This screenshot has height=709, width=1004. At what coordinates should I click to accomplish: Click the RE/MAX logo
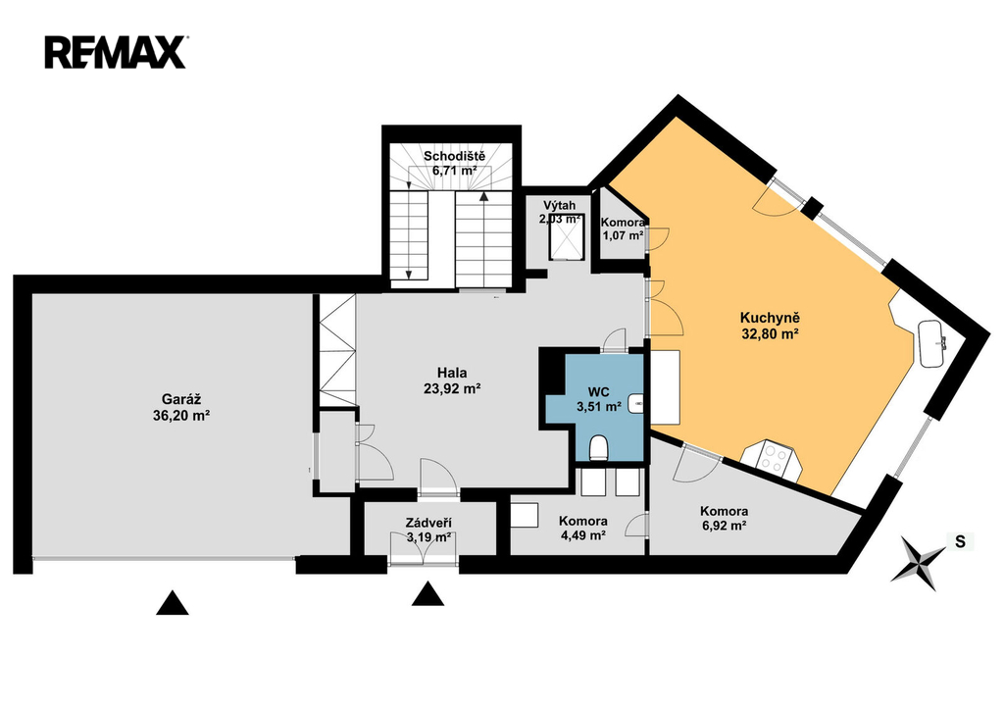(116, 53)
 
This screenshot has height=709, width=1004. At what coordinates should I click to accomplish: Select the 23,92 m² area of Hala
(452, 388)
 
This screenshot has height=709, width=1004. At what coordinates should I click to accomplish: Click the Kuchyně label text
(770, 318)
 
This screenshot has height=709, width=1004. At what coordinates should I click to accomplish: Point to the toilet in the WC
(599, 448)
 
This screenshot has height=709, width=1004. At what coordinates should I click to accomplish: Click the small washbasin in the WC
(636, 403)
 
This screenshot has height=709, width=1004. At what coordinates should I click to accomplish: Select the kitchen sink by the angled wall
(930, 343)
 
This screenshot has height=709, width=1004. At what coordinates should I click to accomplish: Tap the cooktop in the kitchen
(773, 459)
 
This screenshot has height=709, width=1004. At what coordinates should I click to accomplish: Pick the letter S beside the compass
(960, 542)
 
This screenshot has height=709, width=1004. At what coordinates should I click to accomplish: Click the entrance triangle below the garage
(173, 603)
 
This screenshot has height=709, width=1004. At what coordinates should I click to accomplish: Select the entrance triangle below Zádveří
(427, 593)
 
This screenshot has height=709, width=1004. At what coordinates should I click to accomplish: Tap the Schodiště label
(455, 156)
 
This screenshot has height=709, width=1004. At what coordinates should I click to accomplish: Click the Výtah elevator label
(560, 206)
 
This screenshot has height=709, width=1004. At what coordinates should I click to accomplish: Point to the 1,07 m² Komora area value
(623, 235)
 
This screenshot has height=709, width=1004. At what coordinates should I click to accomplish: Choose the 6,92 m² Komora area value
(724, 526)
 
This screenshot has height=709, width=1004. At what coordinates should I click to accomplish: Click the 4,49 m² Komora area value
(583, 535)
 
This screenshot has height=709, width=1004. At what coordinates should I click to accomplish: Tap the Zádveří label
(428, 524)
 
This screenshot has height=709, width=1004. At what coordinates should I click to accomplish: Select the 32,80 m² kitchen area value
(770, 333)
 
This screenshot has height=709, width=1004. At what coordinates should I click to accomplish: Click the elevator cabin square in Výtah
(566, 237)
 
